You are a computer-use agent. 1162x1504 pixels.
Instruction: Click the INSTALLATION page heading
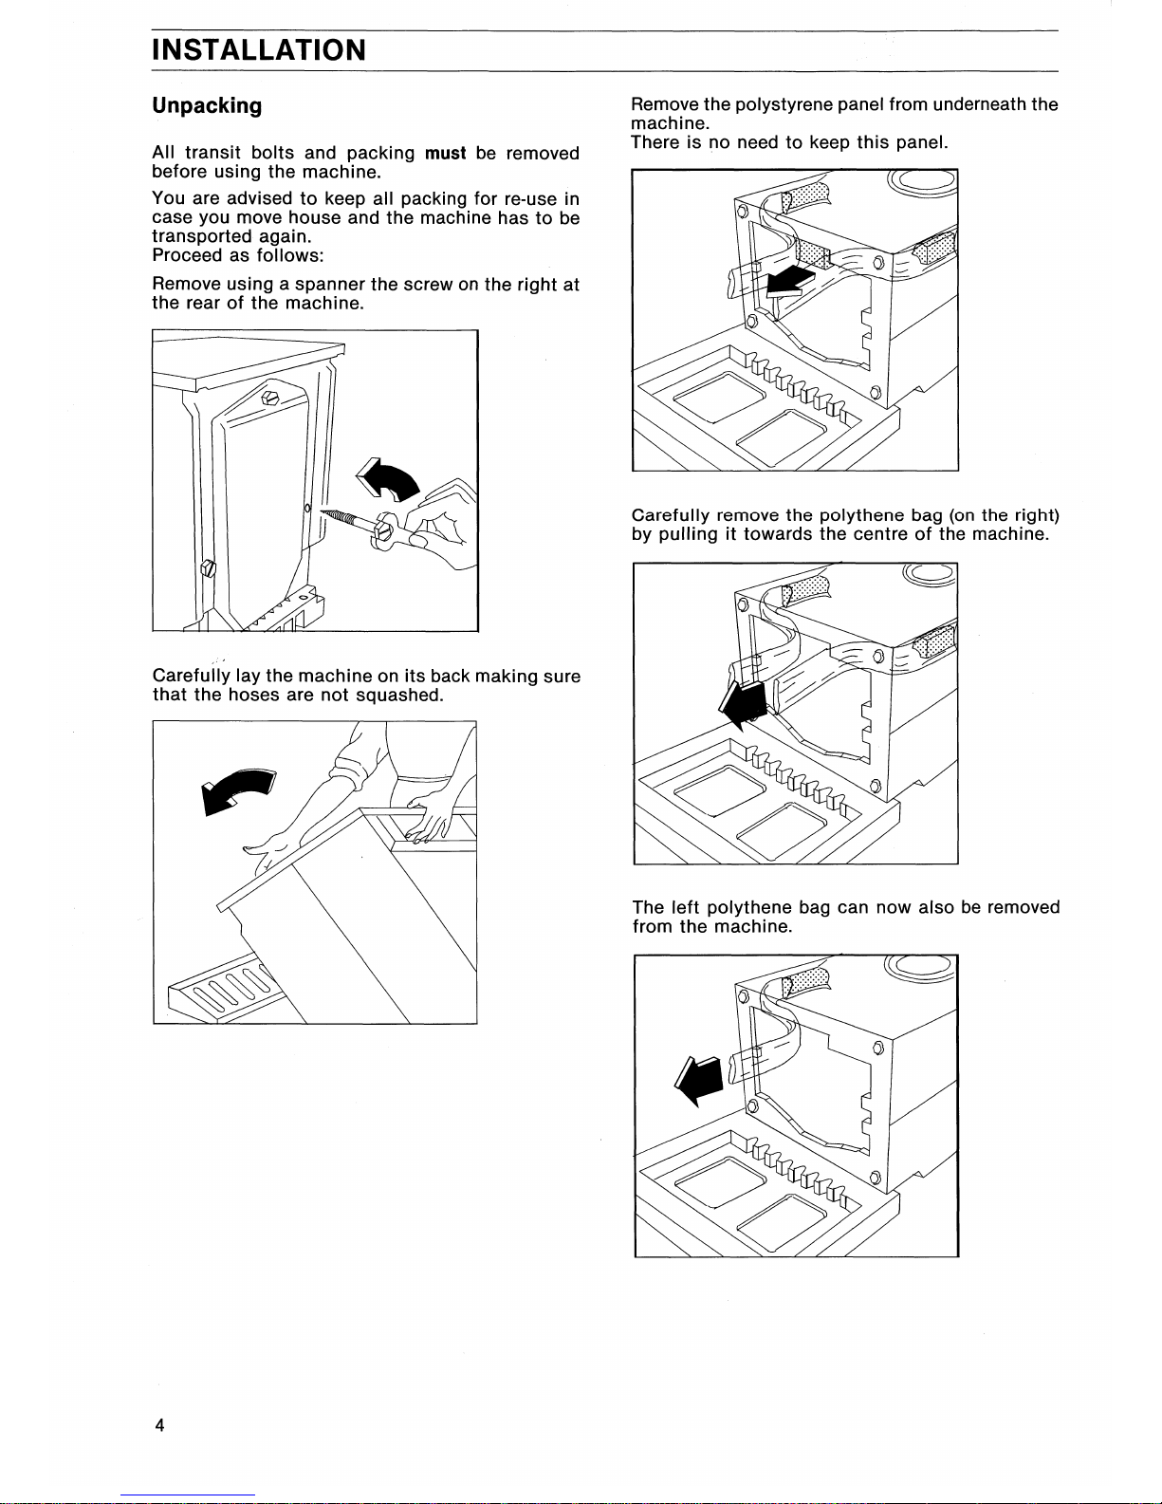pyautogui.click(x=258, y=49)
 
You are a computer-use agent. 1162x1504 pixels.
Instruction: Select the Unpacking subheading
pyautogui.click(x=207, y=105)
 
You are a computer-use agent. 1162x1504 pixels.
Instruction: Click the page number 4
pyautogui.click(x=159, y=1424)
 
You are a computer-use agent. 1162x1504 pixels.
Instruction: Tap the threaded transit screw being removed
pyautogui.click(x=346, y=520)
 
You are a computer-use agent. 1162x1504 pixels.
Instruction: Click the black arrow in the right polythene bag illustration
pyautogui.click(x=745, y=701)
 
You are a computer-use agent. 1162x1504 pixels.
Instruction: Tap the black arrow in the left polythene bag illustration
pyautogui.click(x=700, y=1080)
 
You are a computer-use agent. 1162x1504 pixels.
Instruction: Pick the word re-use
pyautogui.click(x=529, y=199)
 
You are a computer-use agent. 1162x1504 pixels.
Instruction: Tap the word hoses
pyautogui.click(x=254, y=695)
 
